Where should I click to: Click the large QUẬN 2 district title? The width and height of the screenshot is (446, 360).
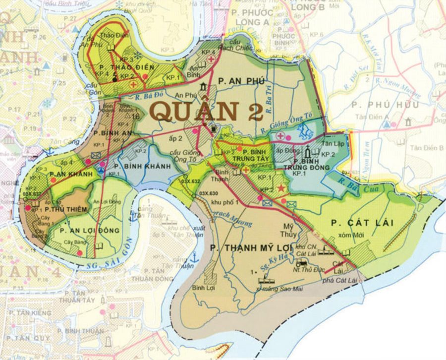click(206, 111)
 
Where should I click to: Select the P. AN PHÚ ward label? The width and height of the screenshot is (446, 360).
click(245, 81)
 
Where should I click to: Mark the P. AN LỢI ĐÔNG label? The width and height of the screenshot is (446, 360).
click(89, 231)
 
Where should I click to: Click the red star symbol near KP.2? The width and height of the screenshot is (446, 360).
click(282, 188)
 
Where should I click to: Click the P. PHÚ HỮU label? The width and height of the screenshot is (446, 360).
click(385, 105)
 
